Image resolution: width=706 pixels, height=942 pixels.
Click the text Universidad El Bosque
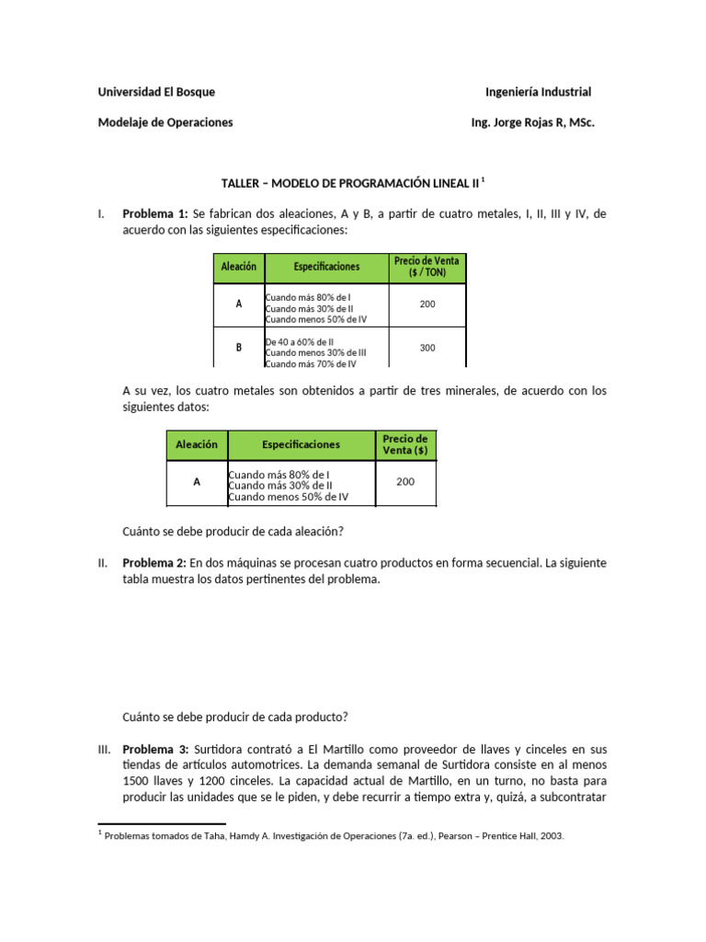[156, 92]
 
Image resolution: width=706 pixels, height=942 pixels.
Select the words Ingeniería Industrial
[538, 92]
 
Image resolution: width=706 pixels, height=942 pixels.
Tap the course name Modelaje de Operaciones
[165, 122]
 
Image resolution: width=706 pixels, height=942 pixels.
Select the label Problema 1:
[155, 214]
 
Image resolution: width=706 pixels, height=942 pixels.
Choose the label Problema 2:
[155, 563]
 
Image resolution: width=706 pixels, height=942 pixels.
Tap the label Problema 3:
[155, 750]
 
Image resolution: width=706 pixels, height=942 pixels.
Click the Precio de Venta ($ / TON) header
[427, 268]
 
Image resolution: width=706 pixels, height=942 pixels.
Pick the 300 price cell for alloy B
[427, 349]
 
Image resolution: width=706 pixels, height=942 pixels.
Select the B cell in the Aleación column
[239, 349]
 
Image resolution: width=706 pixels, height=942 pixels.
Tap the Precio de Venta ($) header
[405, 444]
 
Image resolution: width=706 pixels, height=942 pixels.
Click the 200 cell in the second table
[405, 481]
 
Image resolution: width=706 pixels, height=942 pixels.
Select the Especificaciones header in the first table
[327, 268]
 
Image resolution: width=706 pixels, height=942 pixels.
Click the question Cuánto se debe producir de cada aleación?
[233, 532]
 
